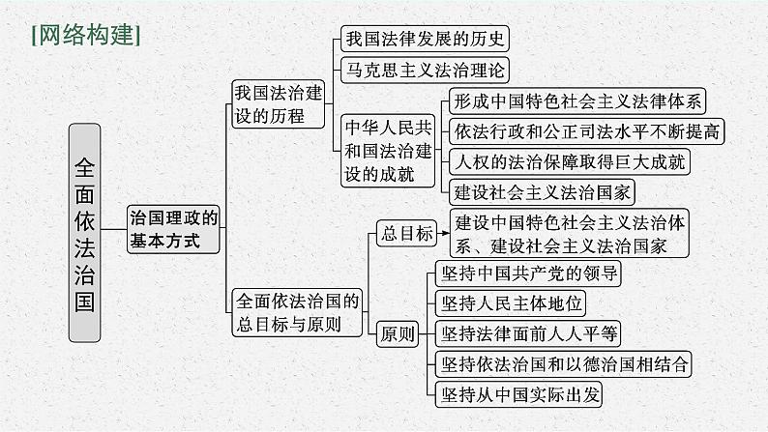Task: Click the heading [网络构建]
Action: pyautogui.click(x=86, y=36)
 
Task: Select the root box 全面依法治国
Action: pyautogui.click(x=85, y=232)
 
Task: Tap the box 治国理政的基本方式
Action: pyautogui.click(x=174, y=230)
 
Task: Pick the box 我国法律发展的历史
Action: pyautogui.click(x=424, y=40)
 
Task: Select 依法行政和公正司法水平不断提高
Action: pyautogui.click(x=587, y=130)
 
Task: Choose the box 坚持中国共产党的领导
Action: pyautogui.click(x=527, y=273)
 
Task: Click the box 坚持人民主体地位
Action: pyautogui.click(x=511, y=303)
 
